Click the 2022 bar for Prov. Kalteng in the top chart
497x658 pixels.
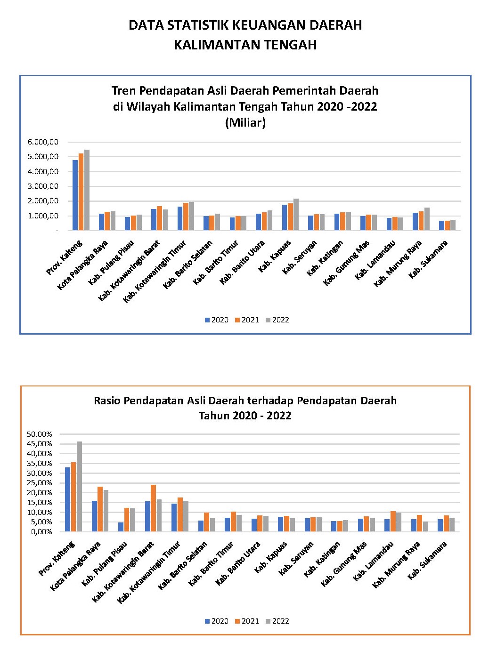click(87, 190)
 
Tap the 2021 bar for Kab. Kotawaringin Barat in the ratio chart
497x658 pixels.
click(153, 508)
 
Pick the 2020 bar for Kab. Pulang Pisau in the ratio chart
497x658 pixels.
click(121, 527)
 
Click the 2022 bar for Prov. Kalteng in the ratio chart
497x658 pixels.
click(80, 486)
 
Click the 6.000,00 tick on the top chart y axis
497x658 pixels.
click(43, 142)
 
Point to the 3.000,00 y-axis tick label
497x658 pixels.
click(43, 186)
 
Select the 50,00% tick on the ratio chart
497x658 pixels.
click(39, 434)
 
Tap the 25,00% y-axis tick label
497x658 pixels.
click(39, 482)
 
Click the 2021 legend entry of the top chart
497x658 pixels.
click(247, 320)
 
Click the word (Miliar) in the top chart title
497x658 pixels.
click(245, 122)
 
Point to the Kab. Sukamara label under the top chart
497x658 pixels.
click(428, 259)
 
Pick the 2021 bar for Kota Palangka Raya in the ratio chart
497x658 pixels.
click(100, 509)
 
